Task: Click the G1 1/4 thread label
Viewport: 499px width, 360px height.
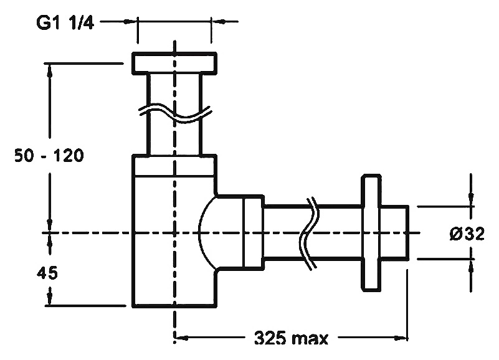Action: (x=65, y=23)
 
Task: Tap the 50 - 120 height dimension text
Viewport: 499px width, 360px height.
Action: (x=49, y=156)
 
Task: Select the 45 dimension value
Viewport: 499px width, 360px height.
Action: (x=47, y=273)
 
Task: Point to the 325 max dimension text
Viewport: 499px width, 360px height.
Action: (x=291, y=338)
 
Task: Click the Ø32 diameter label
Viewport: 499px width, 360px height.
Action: (x=467, y=234)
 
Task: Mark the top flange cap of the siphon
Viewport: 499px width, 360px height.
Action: (x=174, y=63)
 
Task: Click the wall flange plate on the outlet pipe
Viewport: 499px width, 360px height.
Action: (x=371, y=233)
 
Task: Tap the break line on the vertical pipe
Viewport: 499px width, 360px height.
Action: (x=174, y=113)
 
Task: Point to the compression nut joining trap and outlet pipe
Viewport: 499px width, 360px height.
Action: (x=254, y=233)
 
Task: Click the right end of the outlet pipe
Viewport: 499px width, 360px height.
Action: (x=407, y=233)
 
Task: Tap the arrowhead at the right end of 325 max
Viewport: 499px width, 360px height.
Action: (x=401, y=338)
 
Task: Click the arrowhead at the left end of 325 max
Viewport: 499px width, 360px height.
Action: (x=182, y=338)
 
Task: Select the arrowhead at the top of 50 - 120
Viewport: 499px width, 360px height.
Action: (x=50, y=70)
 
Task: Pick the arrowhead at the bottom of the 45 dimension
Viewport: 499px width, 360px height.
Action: (x=50, y=298)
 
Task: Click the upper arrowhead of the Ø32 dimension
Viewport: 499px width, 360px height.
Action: (x=471, y=199)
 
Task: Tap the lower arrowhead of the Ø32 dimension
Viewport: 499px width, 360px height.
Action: (x=471, y=266)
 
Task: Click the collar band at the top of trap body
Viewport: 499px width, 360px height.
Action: (x=174, y=165)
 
